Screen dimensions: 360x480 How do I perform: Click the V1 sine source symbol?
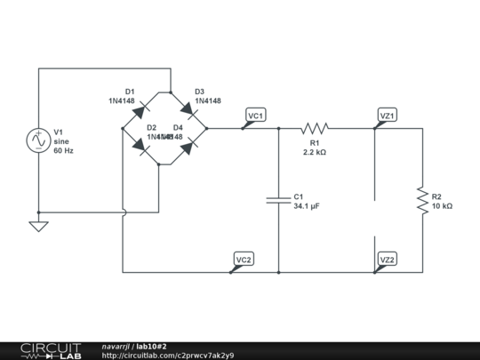click(x=39, y=140)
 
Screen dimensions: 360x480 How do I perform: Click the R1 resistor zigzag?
click(x=315, y=128)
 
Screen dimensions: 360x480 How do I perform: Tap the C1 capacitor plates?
click(x=279, y=200)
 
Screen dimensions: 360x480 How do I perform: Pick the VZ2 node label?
click(x=388, y=259)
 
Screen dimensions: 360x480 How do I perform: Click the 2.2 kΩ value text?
click(x=315, y=152)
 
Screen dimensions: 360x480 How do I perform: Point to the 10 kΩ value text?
click(x=442, y=205)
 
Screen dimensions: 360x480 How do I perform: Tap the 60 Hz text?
click(x=64, y=152)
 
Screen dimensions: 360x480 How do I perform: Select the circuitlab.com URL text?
click(x=168, y=355)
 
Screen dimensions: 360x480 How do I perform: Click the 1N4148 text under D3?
click(x=207, y=100)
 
